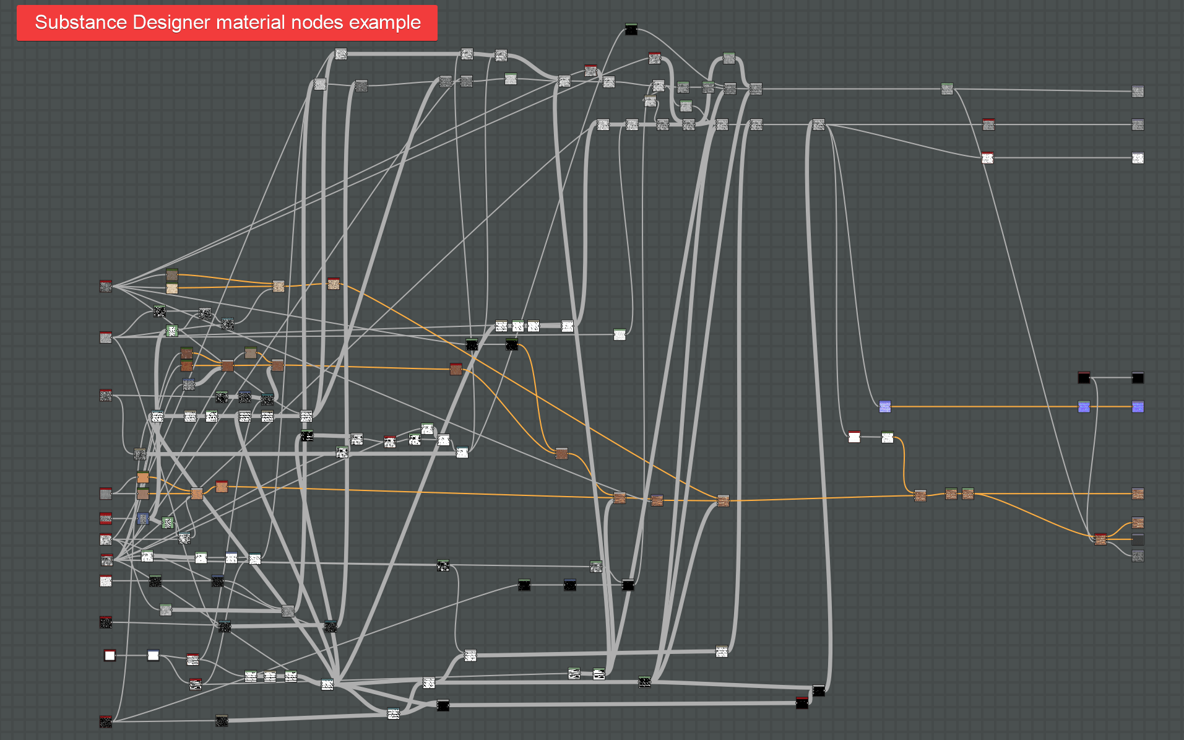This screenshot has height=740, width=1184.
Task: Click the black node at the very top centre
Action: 631,29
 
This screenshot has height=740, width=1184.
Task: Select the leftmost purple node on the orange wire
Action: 885,406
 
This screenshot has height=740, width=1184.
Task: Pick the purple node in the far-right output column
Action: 1138,407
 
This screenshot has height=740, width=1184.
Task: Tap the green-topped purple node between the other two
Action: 1084,407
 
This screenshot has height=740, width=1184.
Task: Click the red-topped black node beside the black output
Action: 1084,378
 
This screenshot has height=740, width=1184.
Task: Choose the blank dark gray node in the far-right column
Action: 1138,539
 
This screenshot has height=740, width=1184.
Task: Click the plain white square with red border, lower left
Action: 110,655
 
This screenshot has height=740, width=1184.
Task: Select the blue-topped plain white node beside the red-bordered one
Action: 153,655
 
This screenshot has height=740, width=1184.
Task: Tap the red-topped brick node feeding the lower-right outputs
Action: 1100,539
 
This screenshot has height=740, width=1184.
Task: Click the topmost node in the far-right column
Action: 1138,92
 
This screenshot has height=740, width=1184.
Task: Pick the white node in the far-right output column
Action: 1138,158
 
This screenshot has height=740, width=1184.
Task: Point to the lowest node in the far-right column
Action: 1138,556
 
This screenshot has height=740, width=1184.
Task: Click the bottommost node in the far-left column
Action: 106,721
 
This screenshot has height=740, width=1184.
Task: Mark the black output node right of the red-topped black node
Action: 1138,378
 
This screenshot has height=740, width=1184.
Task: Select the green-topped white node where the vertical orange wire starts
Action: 888,437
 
